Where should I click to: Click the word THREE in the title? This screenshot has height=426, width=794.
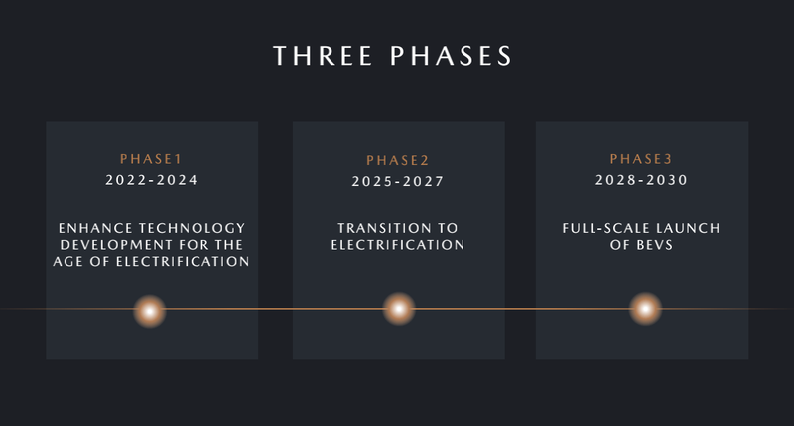tap(324, 56)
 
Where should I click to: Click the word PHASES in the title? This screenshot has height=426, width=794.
tap(452, 56)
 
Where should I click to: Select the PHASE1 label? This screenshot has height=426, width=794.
tap(151, 159)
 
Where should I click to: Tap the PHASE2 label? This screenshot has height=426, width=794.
tap(398, 161)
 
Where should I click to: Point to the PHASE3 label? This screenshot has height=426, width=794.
tap(641, 159)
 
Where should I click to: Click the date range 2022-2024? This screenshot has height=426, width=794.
tap(152, 180)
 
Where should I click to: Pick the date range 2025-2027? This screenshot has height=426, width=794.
tap(398, 182)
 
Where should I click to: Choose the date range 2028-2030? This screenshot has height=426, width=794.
tap(641, 180)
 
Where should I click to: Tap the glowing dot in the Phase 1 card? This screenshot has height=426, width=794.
tap(150, 311)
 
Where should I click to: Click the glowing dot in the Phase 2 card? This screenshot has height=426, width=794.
tap(399, 309)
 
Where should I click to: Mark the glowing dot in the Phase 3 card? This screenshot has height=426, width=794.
tap(646, 308)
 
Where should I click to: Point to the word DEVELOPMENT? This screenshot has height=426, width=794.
tap(116, 245)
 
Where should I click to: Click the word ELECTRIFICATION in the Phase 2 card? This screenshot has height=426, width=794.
tap(398, 245)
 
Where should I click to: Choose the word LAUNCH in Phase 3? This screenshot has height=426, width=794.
tap(680, 229)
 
